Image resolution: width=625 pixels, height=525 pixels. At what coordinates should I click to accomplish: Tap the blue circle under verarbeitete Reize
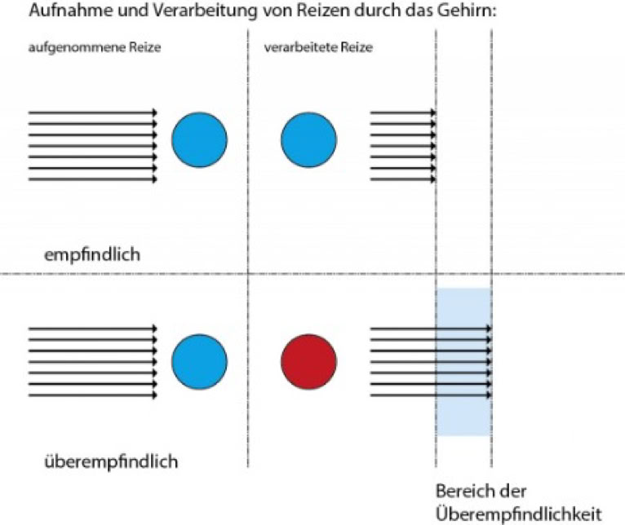point(308,138)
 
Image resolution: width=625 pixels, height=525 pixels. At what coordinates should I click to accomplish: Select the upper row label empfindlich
point(92,254)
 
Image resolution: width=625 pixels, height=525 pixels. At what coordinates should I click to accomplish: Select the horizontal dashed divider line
point(122,274)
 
